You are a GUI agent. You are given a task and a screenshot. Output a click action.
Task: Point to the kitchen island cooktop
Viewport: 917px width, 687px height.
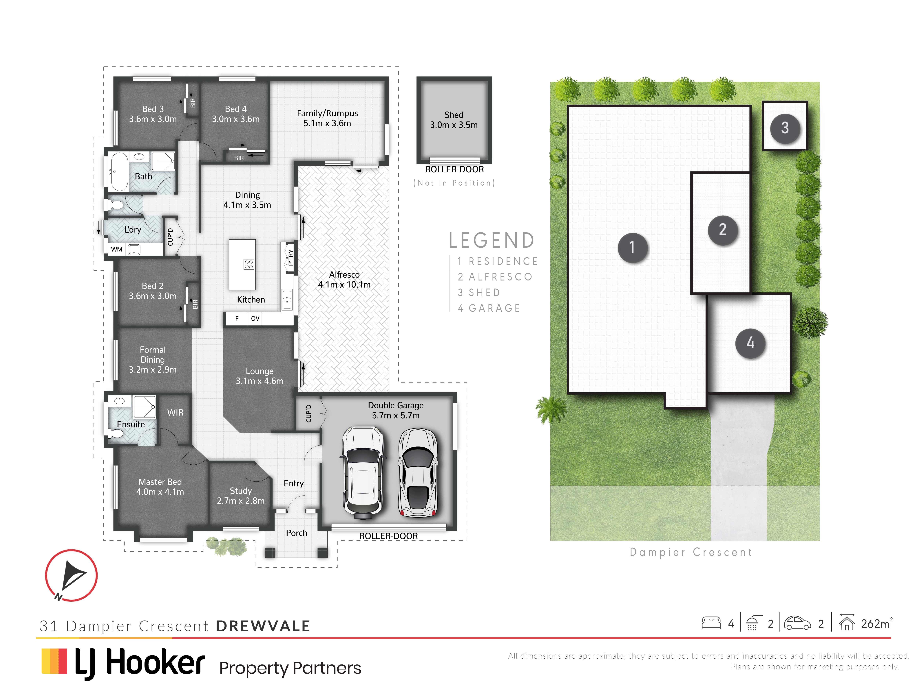[249, 264]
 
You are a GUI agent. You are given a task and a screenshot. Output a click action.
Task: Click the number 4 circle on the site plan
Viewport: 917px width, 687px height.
[750, 343]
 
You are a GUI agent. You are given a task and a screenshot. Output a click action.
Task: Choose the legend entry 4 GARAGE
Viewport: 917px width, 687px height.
[489, 308]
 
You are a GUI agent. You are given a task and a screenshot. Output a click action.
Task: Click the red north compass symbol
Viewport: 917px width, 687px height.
[71, 575]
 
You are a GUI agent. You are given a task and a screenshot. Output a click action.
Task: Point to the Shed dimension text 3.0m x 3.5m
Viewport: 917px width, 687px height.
[454, 125]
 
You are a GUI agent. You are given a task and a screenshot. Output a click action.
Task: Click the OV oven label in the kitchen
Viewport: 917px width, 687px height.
[255, 318]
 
